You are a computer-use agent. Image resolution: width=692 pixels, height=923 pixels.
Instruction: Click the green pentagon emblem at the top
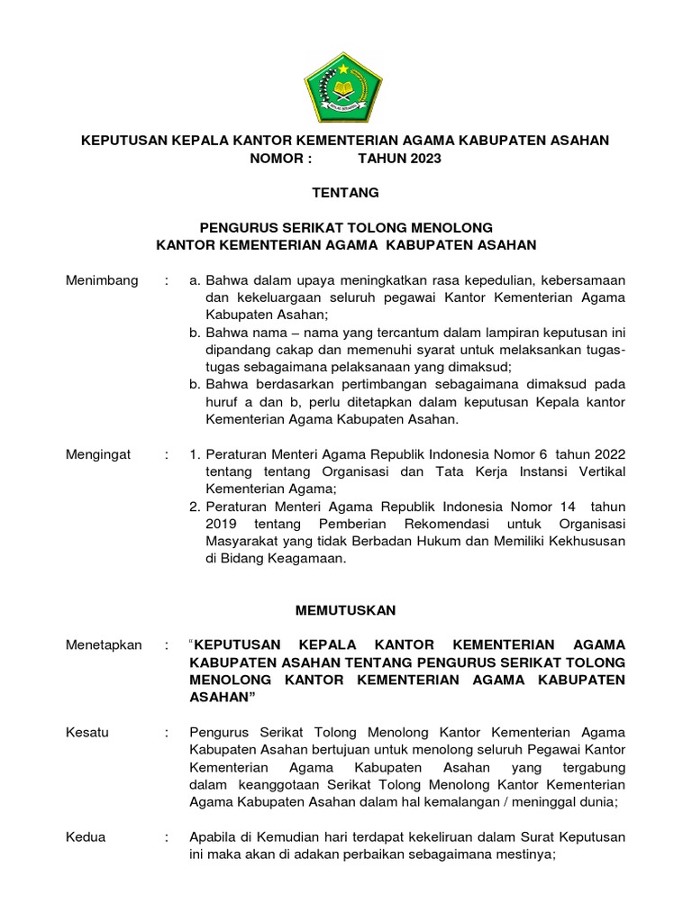345,87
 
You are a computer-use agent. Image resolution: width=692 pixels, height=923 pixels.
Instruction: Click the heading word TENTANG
345,192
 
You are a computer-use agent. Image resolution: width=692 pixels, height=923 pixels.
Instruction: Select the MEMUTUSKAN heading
346,610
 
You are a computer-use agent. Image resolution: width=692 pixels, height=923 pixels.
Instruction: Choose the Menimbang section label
103,280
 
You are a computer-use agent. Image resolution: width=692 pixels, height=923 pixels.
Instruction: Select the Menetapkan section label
105,644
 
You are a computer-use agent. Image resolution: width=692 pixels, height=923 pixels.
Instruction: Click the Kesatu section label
87,732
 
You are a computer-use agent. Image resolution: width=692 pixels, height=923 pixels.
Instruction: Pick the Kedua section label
86,836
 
